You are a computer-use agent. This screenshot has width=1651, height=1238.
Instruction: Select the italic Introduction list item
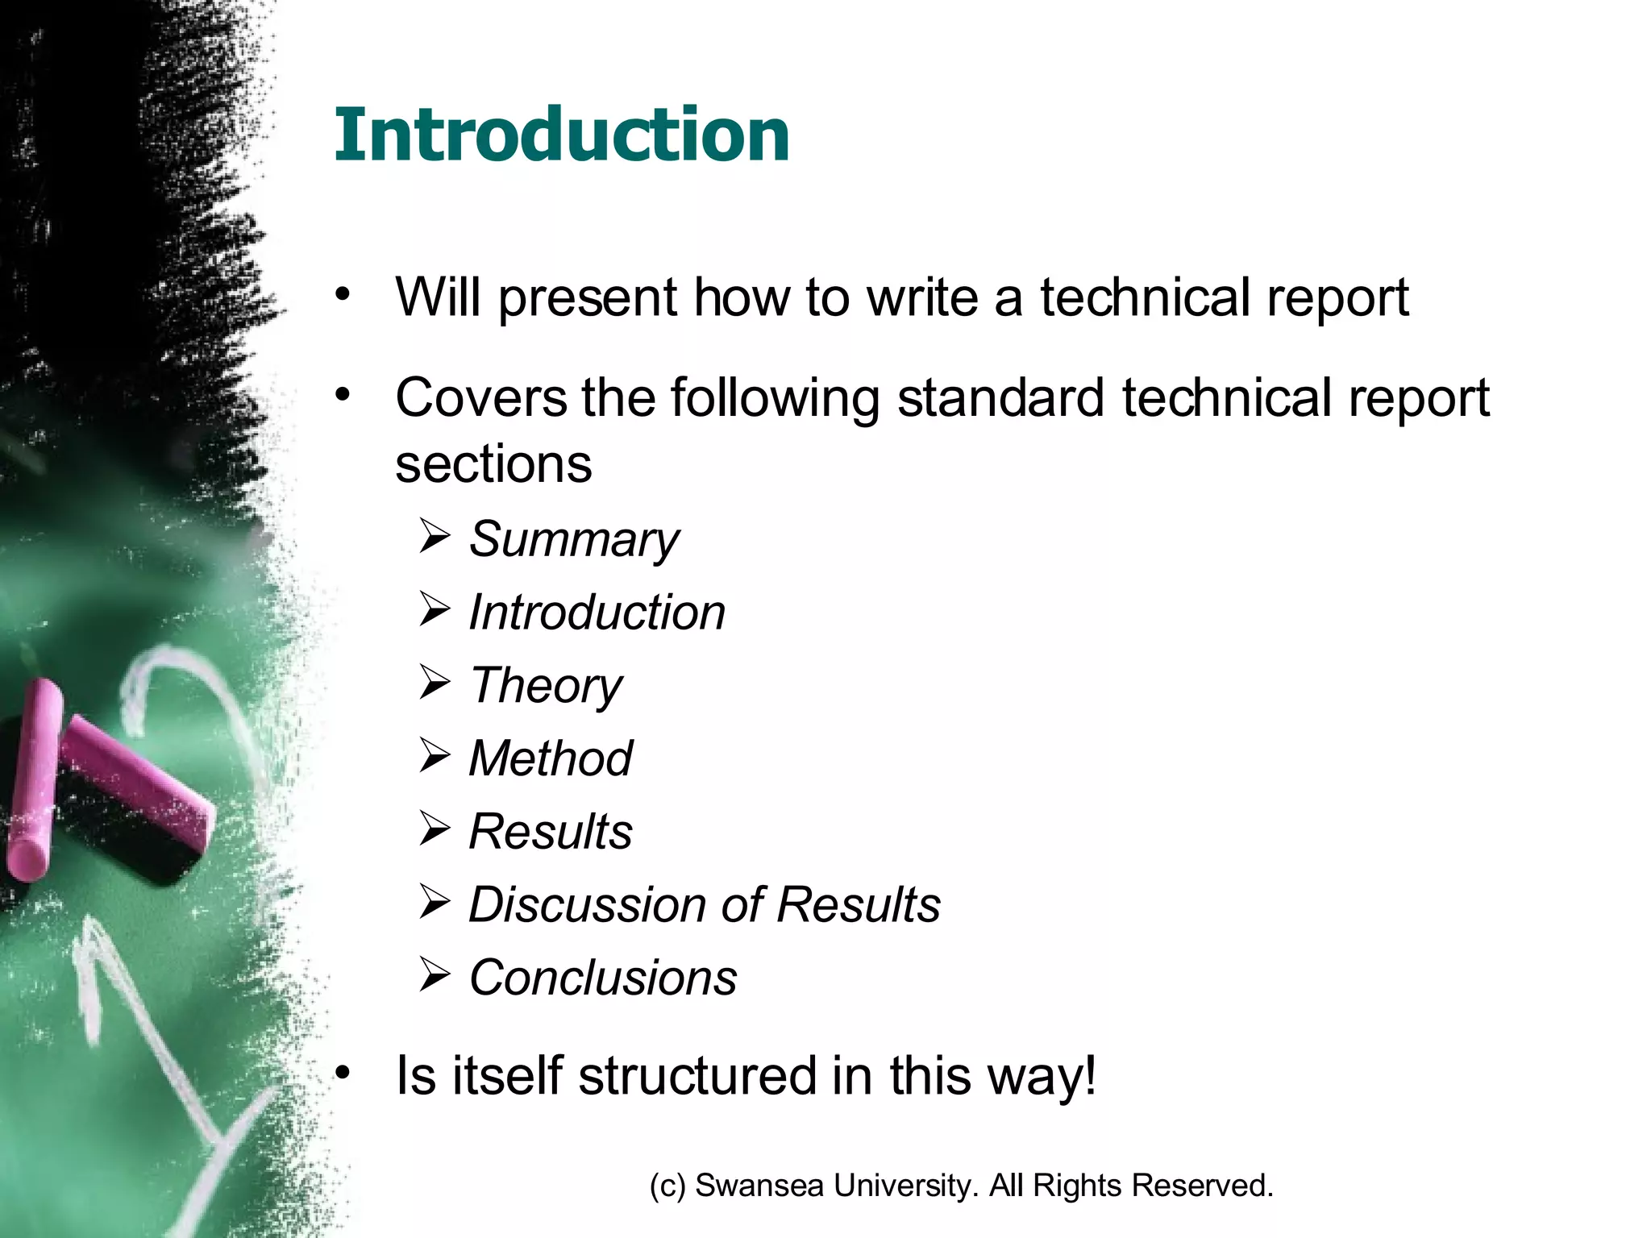(x=597, y=612)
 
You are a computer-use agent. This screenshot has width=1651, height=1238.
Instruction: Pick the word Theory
(x=546, y=685)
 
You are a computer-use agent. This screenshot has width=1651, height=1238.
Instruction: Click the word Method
(x=551, y=758)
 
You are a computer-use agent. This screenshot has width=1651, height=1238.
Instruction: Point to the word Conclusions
(x=602, y=978)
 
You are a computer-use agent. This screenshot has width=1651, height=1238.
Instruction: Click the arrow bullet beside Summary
(x=435, y=536)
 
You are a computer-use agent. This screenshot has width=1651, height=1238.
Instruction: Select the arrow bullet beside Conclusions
(x=435, y=975)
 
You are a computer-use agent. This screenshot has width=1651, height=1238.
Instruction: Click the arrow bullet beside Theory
(x=435, y=683)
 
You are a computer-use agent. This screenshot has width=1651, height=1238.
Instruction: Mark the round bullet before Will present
(x=344, y=293)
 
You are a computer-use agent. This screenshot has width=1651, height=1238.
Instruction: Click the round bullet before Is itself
(x=344, y=1073)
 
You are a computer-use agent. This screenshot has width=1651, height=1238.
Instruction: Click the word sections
(x=493, y=464)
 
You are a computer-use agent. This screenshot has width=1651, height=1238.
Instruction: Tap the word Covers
(x=480, y=398)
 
